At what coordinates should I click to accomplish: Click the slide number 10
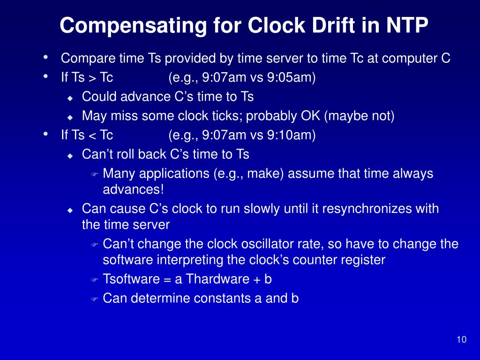461,340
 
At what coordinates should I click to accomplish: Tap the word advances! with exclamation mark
134,190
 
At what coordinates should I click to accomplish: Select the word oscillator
281,244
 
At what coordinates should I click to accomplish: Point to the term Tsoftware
131,279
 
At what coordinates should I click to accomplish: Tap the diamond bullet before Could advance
70,98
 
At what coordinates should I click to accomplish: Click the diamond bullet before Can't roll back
70,156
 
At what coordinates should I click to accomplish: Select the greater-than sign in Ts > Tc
92,78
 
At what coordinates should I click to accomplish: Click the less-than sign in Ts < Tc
92,136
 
